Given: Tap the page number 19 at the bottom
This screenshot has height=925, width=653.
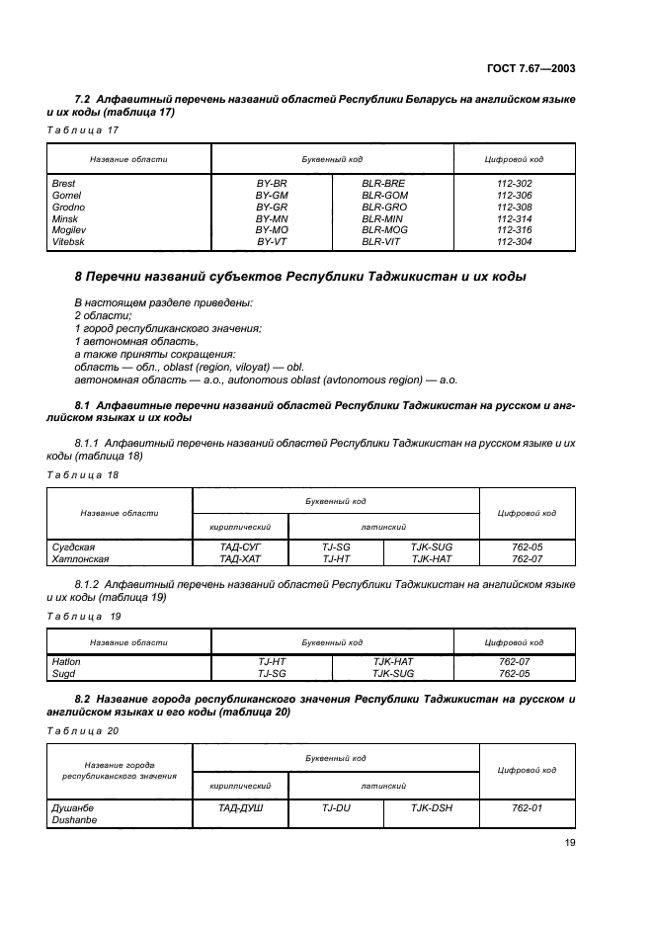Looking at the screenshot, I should pyautogui.click(x=570, y=842).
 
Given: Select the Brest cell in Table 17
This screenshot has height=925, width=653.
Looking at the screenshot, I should pyautogui.click(x=63, y=184).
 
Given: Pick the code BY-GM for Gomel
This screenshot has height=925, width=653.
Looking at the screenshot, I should pyautogui.click(x=272, y=196).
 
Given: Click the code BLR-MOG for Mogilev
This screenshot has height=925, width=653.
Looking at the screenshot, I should pyautogui.click(x=384, y=229).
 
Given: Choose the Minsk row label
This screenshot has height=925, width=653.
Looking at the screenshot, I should pyautogui.click(x=64, y=218).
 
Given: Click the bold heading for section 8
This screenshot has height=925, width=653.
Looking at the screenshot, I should pyautogui.click(x=286, y=277).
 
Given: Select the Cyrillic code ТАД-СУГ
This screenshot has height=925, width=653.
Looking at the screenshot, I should pyautogui.click(x=239, y=546).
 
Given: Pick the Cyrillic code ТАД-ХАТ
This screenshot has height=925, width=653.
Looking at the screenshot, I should pyautogui.click(x=239, y=557).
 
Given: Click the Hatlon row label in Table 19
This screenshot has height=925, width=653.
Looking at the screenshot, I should pyautogui.click(x=65, y=661).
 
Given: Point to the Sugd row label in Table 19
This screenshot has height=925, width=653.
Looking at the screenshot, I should pyautogui.click(x=62, y=673).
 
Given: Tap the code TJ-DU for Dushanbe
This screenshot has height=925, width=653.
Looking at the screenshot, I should pyautogui.click(x=337, y=807).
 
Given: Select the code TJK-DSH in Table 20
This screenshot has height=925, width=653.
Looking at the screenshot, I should pyautogui.click(x=432, y=807).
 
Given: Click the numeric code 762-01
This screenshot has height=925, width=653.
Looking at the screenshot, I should pyautogui.click(x=529, y=807).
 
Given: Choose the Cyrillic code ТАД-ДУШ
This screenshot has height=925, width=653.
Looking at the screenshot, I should pyautogui.click(x=239, y=807).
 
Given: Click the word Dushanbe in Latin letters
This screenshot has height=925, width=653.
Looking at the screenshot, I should pyautogui.click(x=73, y=819).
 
